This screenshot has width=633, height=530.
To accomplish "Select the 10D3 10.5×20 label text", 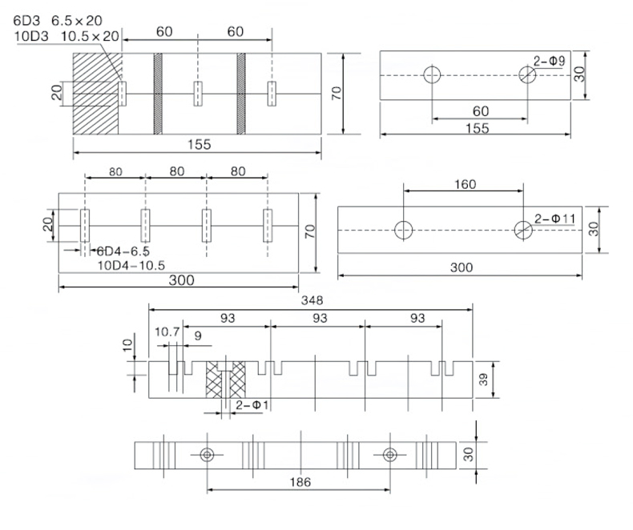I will point(66,36).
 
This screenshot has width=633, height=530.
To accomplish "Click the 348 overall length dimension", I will point(312,301).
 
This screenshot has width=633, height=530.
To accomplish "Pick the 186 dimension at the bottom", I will point(299,482).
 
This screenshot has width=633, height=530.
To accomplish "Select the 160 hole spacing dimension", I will point(463,184).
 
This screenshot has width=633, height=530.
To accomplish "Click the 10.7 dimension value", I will point(167,331).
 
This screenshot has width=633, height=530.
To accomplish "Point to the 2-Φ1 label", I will point(252,407).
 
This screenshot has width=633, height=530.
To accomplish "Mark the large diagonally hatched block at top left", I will point(96,94).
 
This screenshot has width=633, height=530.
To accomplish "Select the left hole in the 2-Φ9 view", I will point(433,76).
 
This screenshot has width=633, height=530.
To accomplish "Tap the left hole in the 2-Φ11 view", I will point(403,230).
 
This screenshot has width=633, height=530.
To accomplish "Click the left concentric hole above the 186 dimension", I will point(208,455).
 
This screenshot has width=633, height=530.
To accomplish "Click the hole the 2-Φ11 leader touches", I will point(523,230).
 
